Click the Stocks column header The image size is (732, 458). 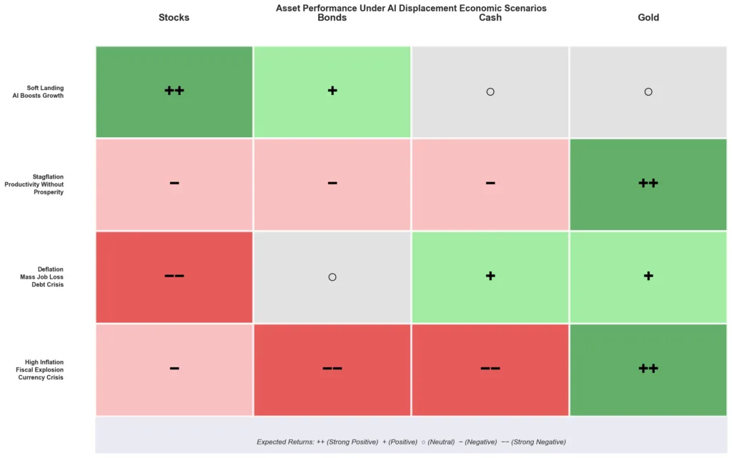174,17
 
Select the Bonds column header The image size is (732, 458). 332,17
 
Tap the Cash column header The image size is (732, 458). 490,17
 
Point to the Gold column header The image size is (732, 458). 648,17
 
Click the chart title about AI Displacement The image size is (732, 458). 411,8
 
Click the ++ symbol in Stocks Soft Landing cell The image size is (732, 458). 174,91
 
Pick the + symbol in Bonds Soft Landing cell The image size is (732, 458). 332,91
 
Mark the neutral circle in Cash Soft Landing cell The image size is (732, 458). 490,91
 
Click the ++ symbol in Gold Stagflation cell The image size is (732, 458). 648,183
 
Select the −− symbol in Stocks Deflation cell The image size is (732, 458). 174,276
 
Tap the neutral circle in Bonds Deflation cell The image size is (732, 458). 332,277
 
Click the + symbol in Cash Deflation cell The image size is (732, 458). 490,276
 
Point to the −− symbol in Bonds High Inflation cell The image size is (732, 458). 332,369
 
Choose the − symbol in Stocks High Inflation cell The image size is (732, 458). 174,369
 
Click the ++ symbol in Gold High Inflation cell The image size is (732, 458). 648,369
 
